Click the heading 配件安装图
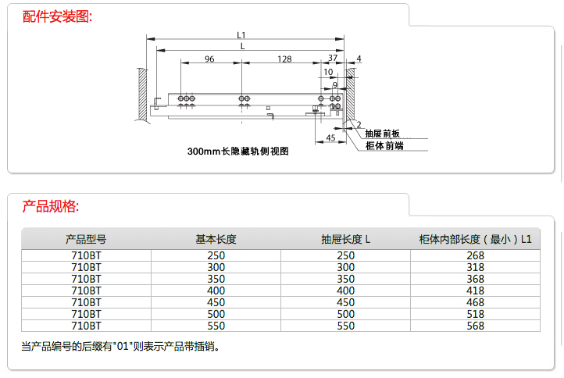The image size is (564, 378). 57,16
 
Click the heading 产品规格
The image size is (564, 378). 50,206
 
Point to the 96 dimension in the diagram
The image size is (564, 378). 209,59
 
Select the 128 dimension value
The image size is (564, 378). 284,59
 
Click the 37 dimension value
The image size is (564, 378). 333,59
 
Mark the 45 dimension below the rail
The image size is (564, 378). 330,138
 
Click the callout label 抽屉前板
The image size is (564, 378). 383,134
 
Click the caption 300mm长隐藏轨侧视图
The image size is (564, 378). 238,152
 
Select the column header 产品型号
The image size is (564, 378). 86,239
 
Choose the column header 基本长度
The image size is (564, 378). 216,239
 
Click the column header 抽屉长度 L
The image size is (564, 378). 345,239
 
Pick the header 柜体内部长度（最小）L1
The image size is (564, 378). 475,239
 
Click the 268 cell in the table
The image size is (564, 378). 475,255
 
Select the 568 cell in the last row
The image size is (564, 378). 475,326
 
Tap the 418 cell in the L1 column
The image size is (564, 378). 475,291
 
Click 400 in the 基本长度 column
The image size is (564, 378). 216,291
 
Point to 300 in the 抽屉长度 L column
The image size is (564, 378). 345,267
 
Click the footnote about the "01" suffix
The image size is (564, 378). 120,345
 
